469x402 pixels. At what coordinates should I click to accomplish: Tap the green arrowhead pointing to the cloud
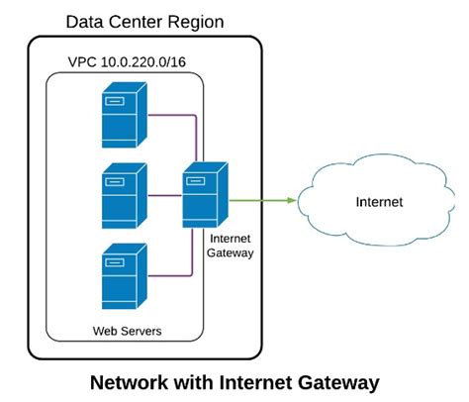pyautogui.click(x=292, y=201)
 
